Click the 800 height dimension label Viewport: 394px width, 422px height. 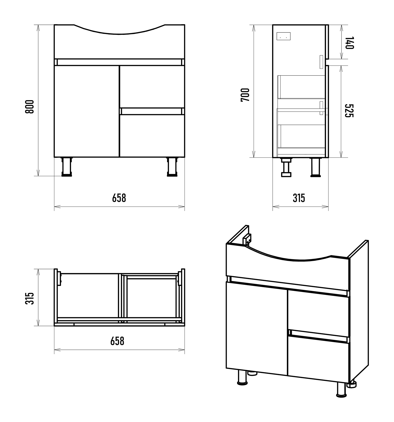(30, 107)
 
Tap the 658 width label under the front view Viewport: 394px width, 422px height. (119, 198)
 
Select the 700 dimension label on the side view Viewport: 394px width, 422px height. (245, 95)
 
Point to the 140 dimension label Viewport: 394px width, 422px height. (349, 43)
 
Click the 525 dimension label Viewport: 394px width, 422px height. (349, 111)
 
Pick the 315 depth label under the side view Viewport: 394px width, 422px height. (299, 198)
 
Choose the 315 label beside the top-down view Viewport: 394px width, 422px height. (30, 298)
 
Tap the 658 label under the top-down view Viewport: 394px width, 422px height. (117, 341)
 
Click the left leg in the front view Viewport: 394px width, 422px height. (67, 167)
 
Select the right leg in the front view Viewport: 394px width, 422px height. (172, 167)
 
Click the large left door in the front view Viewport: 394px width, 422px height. (87, 111)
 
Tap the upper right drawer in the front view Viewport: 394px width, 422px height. (152, 87)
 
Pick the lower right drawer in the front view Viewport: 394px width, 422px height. (152, 136)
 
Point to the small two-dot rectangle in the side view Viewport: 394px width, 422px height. (283, 36)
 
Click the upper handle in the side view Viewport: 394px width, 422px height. (321, 62)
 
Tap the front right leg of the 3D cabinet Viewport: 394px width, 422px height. (341, 390)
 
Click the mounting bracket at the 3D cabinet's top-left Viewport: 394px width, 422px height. (247, 240)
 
